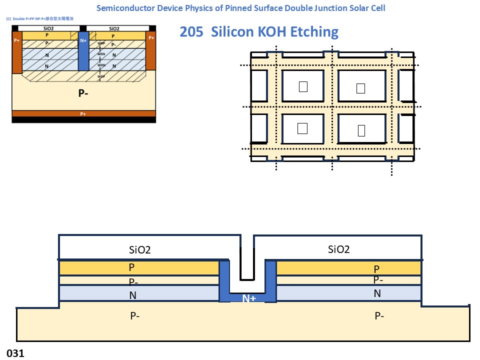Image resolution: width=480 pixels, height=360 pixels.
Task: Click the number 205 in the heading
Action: (191, 32)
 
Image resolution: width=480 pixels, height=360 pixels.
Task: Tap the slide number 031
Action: (15, 353)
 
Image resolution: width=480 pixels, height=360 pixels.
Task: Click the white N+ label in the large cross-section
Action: (249, 298)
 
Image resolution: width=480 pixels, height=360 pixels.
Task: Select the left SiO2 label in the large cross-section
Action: (140, 249)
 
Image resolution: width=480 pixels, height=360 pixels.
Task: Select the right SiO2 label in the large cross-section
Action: (338, 249)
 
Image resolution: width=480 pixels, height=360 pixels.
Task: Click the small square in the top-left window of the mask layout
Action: (302, 86)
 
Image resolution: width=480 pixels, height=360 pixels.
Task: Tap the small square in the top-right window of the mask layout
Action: (360, 88)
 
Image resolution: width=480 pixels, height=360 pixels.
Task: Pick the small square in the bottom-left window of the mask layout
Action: (302, 128)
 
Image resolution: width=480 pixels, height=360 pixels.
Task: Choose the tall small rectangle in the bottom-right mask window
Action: (361, 130)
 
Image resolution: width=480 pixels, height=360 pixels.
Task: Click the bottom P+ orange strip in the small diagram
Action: (83, 113)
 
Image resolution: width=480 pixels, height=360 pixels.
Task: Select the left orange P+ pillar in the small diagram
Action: (17, 52)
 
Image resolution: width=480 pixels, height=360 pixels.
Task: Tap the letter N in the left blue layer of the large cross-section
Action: (132, 295)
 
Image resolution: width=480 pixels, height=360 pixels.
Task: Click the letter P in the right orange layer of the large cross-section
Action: (376, 269)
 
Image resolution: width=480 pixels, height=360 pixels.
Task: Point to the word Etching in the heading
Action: (313, 32)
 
